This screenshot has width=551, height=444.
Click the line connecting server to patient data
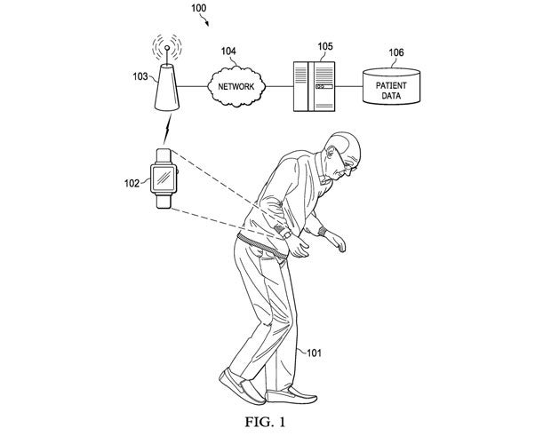[347, 86]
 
